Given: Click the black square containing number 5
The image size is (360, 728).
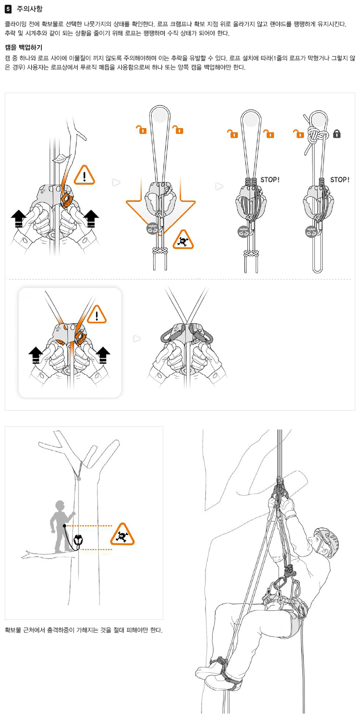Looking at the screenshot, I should [x=8, y=8].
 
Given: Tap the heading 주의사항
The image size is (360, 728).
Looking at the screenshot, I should [x=29, y=8].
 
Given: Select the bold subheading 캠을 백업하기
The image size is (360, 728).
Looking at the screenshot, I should [x=24, y=47].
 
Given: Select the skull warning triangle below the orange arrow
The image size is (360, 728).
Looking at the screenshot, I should [x=183, y=239].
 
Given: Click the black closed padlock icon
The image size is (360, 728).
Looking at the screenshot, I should [x=336, y=134].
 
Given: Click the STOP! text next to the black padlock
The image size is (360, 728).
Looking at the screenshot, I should [x=340, y=180].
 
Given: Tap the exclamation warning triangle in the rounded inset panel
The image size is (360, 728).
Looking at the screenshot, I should [x=97, y=315].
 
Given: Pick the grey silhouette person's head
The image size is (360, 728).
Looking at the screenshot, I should [x=60, y=507].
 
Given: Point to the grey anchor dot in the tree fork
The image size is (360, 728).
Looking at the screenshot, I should [x=79, y=478].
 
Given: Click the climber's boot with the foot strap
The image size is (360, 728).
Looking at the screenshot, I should [x=214, y=675].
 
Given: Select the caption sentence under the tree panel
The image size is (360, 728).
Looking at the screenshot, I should [x=84, y=630].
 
